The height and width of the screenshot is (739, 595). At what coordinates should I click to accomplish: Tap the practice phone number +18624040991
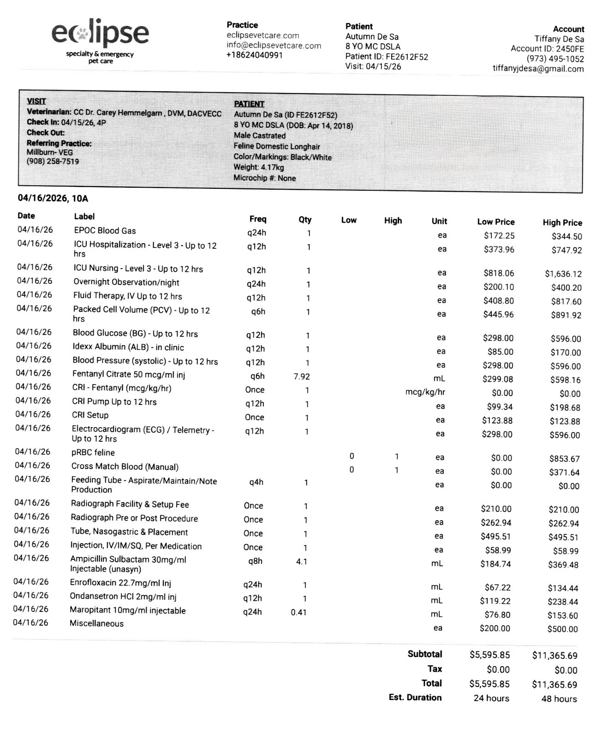[x=255, y=55]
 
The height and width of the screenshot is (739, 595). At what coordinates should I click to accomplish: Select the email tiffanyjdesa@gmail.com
[x=538, y=69]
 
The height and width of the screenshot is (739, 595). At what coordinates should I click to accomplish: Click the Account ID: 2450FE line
[x=547, y=49]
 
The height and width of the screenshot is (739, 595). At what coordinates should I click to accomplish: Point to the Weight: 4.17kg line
[x=259, y=167]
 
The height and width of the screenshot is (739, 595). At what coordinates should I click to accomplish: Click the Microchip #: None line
[x=264, y=178]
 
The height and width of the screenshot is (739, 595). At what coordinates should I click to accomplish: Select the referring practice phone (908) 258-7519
[x=53, y=162]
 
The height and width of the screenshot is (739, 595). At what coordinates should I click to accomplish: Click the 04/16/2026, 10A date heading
[x=53, y=199]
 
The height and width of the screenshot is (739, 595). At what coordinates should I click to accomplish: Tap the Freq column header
[x=258, y=219]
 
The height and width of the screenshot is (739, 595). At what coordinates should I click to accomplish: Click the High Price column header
[x=562, y=223]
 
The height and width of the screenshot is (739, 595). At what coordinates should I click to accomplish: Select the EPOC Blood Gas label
[x=105, y=230]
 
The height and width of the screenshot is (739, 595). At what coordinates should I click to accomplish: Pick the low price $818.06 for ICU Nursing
[x=499, y=273]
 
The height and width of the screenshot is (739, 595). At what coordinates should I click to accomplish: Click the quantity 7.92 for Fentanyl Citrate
[x=302, y=376]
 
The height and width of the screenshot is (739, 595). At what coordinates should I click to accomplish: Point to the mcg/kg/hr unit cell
[x=425, y=393]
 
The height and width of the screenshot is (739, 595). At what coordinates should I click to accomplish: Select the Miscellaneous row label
[x=96, y=623]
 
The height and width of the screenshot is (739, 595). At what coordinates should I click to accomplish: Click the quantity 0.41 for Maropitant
[x=299, y=612]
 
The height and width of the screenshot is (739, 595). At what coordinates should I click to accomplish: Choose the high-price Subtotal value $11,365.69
[x=554, y=656]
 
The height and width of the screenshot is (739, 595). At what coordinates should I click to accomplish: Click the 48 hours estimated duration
[x=559, y=699]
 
